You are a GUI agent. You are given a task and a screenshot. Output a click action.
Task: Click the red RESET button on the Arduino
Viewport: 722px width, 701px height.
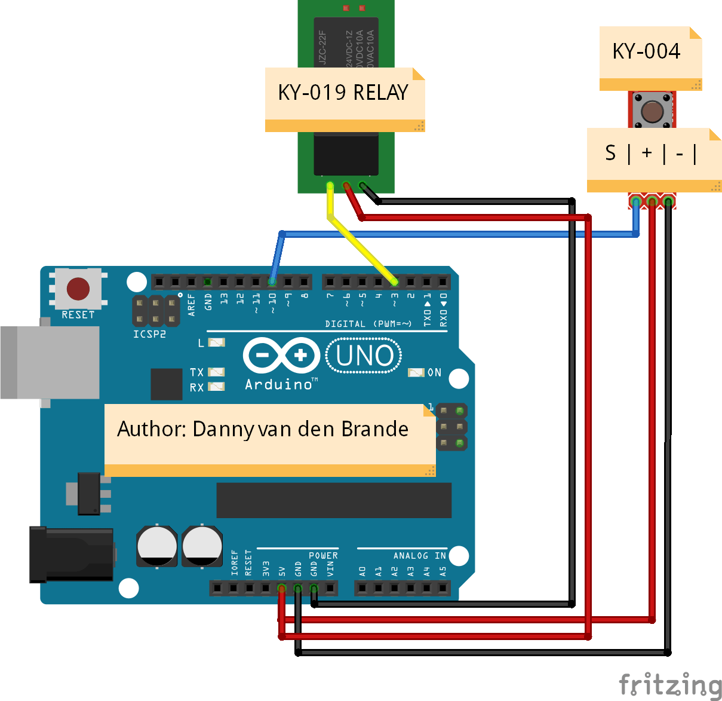pyautogui.click(x=78, y=289)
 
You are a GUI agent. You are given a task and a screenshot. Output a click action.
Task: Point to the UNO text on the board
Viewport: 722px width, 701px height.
pyautogui.click(x=364, y=356)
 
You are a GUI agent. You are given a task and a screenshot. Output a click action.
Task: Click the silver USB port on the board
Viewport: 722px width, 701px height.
pyautogui.click(x=51, y=362)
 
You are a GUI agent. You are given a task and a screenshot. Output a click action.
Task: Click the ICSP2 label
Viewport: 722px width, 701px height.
pyautogui.click(x=149, y=334)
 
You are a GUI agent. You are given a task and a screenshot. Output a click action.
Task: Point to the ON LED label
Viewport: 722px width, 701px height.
pyautogui.click(x=434, y=372)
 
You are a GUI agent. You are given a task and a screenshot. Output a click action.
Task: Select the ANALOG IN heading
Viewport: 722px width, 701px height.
pyautogui.click(x=419, y=556)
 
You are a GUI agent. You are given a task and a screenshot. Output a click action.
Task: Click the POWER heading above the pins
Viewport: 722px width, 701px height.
pyautogui.click(x=323, y=556)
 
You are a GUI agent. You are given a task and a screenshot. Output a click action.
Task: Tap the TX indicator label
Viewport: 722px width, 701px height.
pyautogui.click(x=197, y=372)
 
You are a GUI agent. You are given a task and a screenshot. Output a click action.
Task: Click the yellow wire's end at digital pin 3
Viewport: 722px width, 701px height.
pyautogui.click(x=394, y=281)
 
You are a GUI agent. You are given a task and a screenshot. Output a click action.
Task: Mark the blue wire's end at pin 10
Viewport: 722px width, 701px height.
pyautogui.click(x=272, y=281)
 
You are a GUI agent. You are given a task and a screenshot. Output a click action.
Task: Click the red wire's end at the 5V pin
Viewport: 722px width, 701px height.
pyautogui.click(x=282, y=589)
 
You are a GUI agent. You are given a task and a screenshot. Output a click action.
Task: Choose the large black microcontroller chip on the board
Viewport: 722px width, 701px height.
pyautogui.click(x=334, y=500)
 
